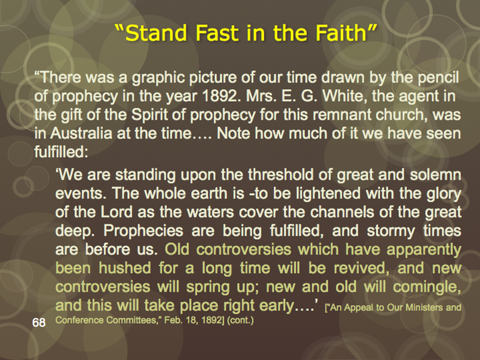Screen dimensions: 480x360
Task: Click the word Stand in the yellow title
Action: tap(156, 33)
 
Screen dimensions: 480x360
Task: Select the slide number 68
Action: tap(39, 323)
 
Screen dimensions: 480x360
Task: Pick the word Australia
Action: tap(81, 134)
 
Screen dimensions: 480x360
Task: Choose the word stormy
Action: tap(391, 232)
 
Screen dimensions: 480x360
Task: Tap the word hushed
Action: tap(125, 268)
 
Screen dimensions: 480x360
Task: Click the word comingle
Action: tap(427, 288)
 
